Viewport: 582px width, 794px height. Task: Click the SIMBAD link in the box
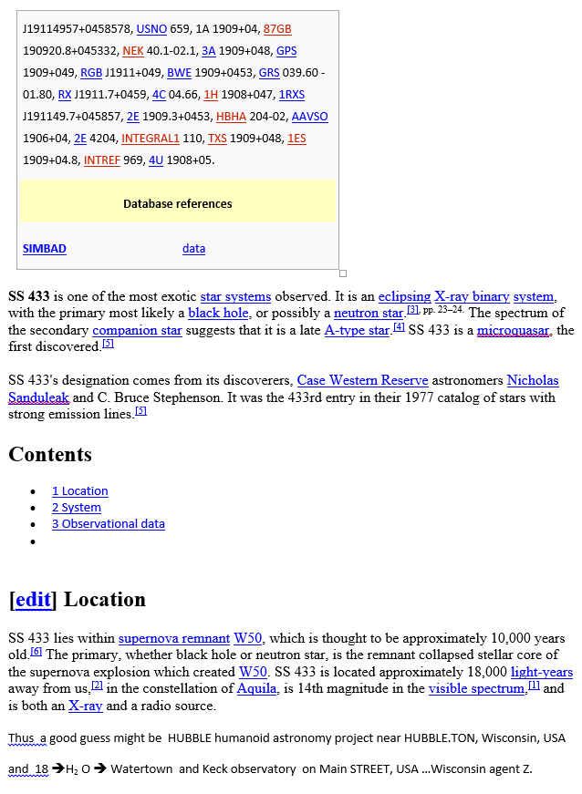click(x=45, y=249)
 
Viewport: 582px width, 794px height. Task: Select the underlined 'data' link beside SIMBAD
click(x=193, y=249)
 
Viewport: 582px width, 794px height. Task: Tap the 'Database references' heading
click(x=178, y=204)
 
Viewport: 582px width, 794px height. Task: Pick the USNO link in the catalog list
click(x=151, y=29)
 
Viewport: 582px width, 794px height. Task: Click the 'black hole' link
click(x=218, y=313)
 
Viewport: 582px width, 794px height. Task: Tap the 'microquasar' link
click(x=513, y=330)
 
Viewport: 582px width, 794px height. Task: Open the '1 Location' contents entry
click(x=79, y=491)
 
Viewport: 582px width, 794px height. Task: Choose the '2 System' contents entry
click(x=76, y=508)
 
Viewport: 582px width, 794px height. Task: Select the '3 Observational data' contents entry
click(x=108, y=524)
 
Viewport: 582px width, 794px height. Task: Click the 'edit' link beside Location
click(x=33, y=600)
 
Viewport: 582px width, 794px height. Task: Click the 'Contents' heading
click(x=50, y=454)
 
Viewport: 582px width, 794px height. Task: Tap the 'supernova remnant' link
click(x=173, y=638)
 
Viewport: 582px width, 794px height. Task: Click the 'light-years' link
click(x=542, y=672)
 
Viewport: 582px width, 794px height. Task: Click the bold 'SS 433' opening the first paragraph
click(x=29, y=296)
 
